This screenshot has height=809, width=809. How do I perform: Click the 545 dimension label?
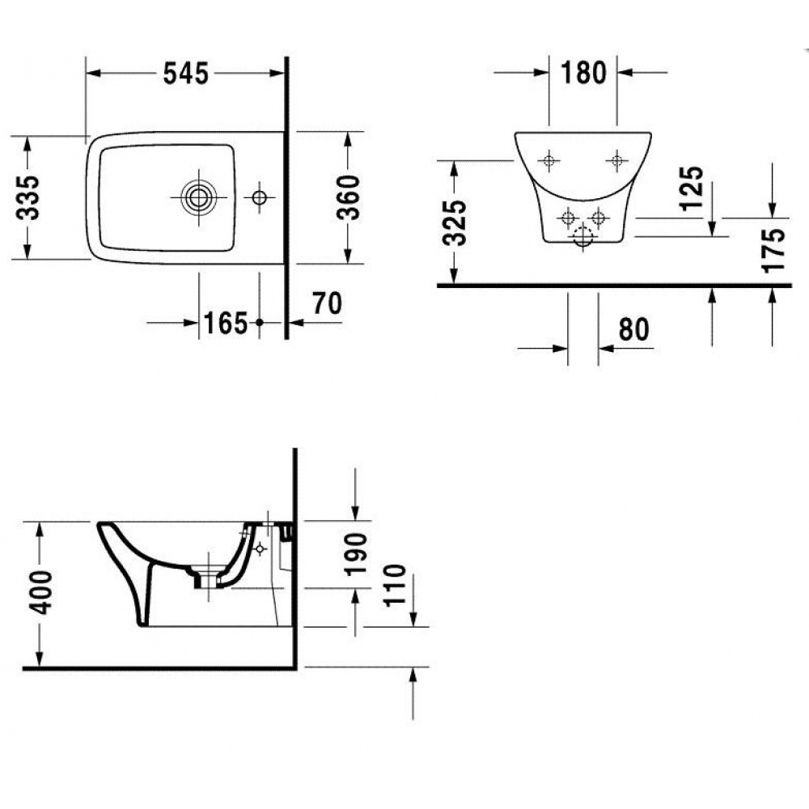(186, 74)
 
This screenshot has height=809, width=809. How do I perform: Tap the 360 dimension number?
(348, 197)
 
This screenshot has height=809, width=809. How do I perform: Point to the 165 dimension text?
(226, 324)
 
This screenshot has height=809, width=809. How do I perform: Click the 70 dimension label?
(327, 303)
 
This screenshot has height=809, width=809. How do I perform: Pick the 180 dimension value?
(583, 72)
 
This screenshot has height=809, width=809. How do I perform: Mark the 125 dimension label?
(692, 188)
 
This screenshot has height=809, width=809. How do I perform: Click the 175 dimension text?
(773, 250)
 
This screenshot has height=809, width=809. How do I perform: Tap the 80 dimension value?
(633, 329)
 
